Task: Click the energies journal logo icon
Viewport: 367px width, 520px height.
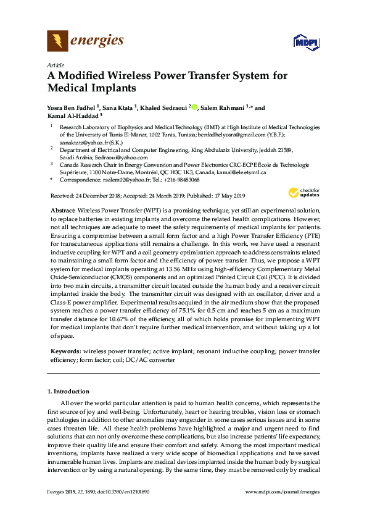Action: pos(57,41)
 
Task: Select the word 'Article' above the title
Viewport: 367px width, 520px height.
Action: pos(56,65)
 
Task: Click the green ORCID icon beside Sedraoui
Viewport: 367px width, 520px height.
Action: pos(194,107)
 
